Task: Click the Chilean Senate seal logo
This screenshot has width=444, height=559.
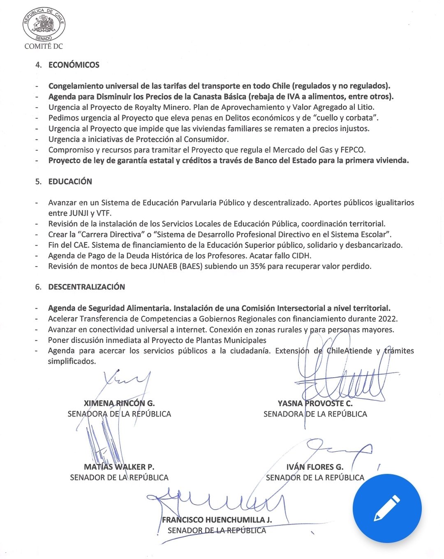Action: pyautogui.click(x=44, y=25)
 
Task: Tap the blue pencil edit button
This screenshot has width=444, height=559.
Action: pyautogui.click(x=387, y=508)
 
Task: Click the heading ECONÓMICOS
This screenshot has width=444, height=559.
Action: pyautogui.click(x=74, y=65)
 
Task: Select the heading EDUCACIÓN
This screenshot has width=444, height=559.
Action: pyautogui.click(x=70, y=182)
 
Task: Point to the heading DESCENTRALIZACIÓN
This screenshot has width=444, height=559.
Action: pyautogui.click(x=87, y=287)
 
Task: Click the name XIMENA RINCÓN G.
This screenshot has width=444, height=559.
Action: pyautogui.click(x=119, y=403)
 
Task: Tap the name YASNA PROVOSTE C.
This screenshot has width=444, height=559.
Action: pyautogui.click(x=315, y=403)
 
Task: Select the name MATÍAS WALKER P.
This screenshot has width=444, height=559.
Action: pyautogui.click(x=119, y=467)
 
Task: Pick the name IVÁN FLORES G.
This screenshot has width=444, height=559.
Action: pyautogui.click(x=315, y=467)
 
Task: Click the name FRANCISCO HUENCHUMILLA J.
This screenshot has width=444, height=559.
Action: pyautogui.click(x=217, y=520)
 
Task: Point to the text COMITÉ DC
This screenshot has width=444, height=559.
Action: pyautogui.click(x=44, y=46)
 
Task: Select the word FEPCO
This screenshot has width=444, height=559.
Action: pyautogui.click(x=353, y=150)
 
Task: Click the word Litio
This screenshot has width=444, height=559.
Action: pyautogui.click(x=365, y=107)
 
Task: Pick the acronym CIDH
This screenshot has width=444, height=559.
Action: pyautogui.click(x=301, y=256)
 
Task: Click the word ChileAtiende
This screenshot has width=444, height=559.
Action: pyautogui.click(x=349, y=351)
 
